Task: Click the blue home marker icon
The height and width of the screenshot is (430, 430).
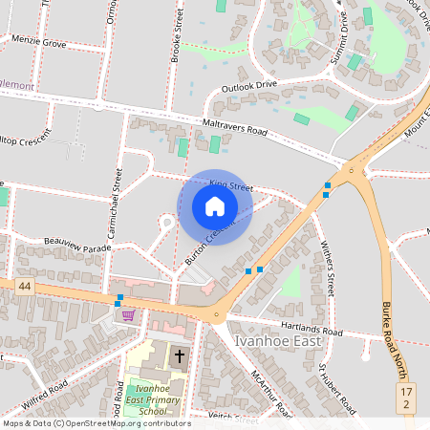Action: (215, 206)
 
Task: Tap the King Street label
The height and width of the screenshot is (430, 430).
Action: (230, 184)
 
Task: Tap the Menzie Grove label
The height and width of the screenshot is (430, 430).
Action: (39, 42)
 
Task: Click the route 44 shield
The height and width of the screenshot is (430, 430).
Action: (23, 286)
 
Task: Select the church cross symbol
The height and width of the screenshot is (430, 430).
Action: (179, 356)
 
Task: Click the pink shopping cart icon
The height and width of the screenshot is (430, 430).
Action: (127, 314)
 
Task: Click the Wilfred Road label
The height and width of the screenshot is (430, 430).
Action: (45, 395)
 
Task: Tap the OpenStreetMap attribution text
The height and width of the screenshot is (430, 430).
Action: (96, 423)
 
